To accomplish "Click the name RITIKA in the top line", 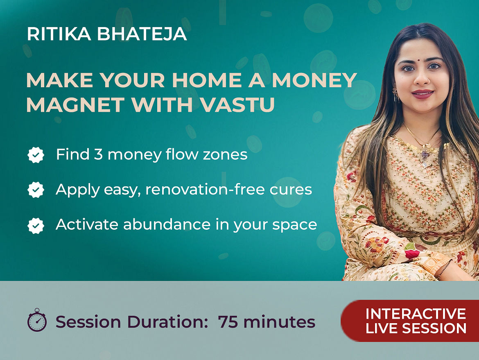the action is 59,34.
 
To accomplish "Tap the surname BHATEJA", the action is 142,34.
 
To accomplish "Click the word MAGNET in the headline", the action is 75,105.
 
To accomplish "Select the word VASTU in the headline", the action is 238,105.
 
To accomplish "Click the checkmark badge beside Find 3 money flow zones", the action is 36,155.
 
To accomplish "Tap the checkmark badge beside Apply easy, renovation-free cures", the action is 36,190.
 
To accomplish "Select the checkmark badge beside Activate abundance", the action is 36,226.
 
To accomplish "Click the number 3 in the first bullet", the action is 98,154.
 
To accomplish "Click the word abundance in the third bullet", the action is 167,224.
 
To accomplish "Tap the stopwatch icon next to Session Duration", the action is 37,320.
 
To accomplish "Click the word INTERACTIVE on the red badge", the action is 416,314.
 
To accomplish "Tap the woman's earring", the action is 396,95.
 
